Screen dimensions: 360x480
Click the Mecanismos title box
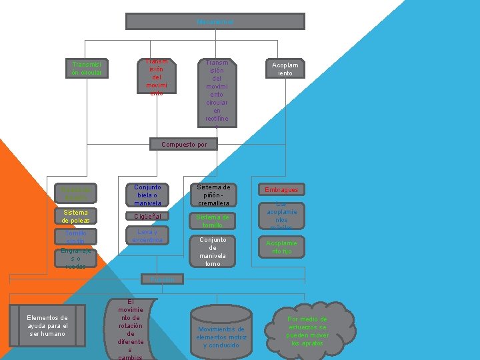click(215, 21)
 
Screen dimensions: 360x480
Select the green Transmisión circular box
click(87, 69)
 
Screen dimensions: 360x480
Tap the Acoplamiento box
click(285, 69)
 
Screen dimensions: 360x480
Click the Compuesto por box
click(184, 144)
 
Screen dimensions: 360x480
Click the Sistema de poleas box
click(75, 217)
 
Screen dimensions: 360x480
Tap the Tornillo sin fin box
click(75, 237)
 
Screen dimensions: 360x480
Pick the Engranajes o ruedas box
click(75, 258)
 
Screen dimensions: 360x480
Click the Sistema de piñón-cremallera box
click(213, 195)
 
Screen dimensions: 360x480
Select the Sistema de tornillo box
click(213, 221)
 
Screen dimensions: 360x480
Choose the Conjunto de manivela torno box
click(213, 251)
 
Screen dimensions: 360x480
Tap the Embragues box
click(281, 190)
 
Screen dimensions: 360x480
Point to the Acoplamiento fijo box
click(281, 247)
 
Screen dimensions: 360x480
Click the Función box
click(162, 279)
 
